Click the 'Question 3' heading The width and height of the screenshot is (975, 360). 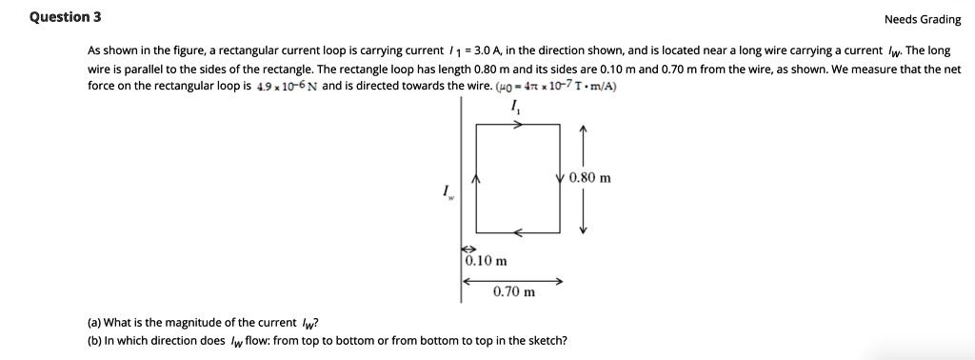coord(65,17)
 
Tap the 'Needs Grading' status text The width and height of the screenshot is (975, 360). coord(922,19)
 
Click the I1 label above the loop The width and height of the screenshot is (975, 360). coord(515,108)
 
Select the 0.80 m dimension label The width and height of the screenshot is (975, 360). coord(590,177)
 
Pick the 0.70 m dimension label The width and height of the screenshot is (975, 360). coord(514,292)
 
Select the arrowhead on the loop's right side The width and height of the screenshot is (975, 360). coord(558,177)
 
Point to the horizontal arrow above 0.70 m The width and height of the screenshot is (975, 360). coord(513,281)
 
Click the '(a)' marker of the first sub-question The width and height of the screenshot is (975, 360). coord(94,322)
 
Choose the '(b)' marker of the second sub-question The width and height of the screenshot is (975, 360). coord(94,339)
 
